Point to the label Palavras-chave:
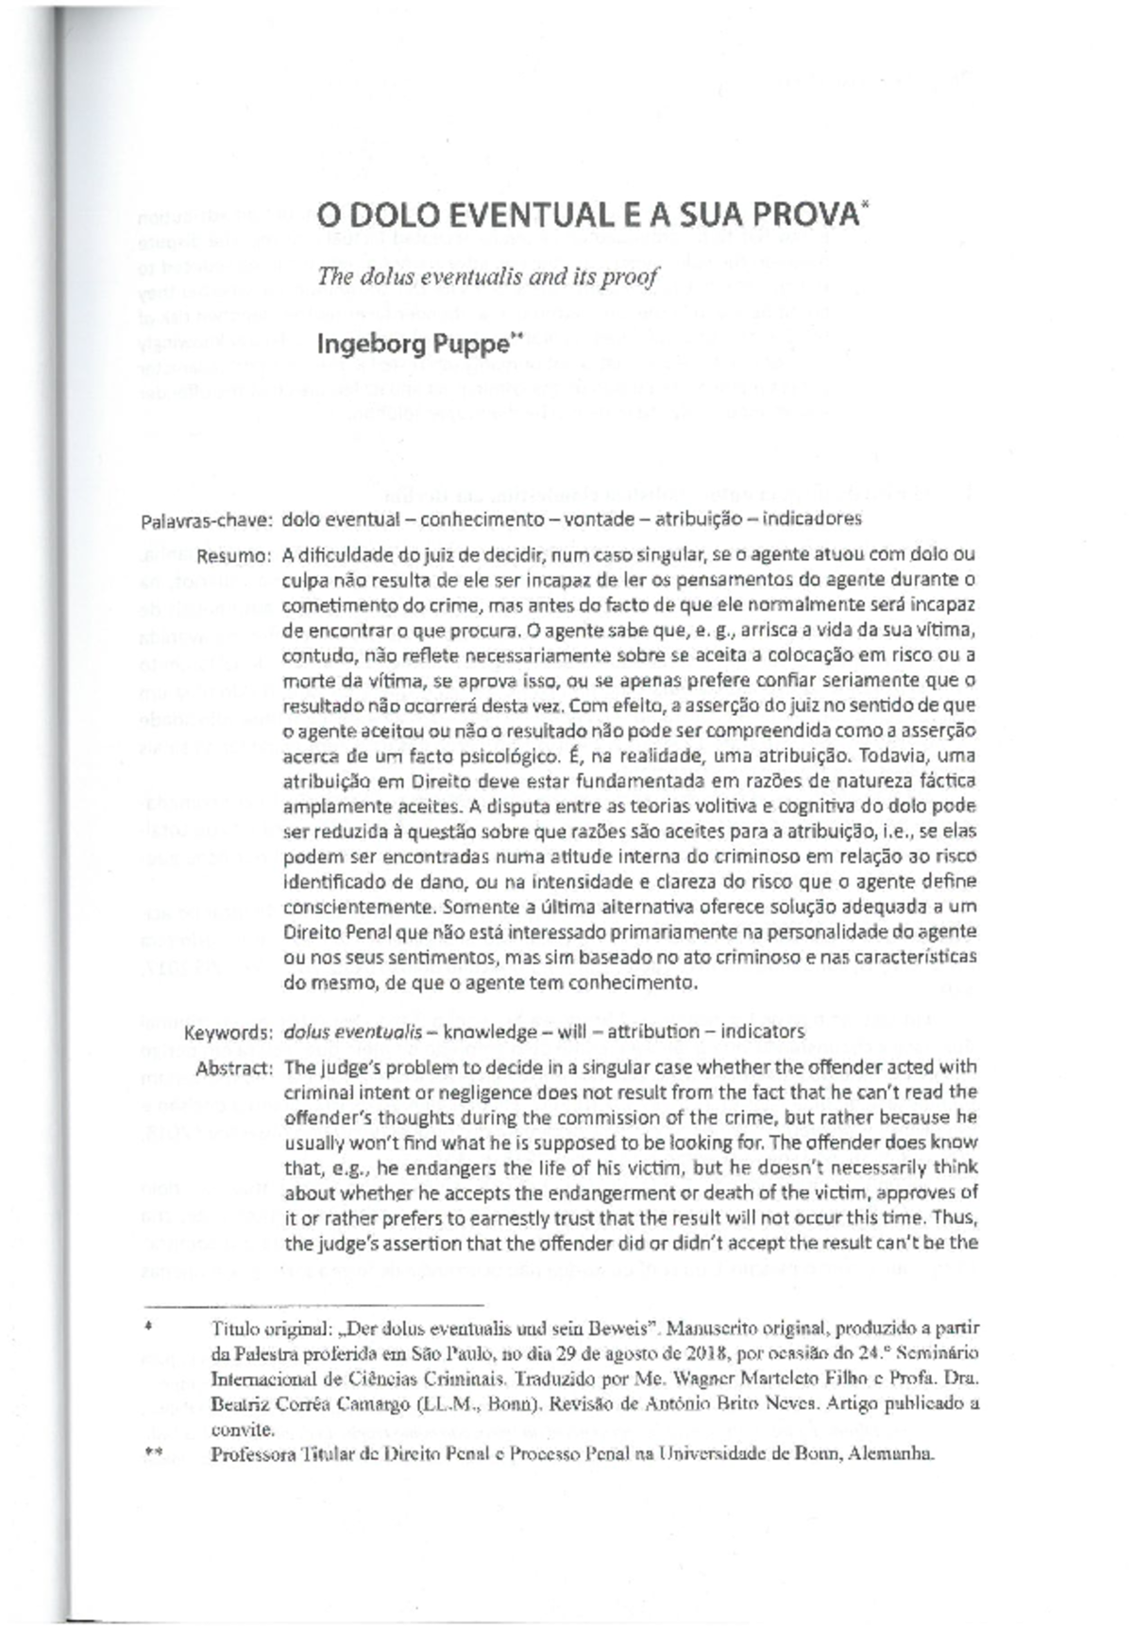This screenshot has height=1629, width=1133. coord(207,520)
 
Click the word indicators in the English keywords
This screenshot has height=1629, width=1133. coord(762,1031)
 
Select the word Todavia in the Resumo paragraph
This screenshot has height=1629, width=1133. coord(890,756)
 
